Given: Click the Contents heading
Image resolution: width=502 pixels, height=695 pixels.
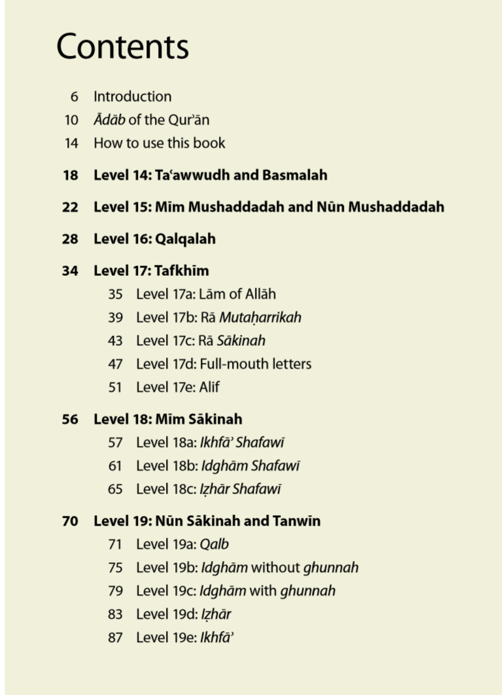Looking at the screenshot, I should click(122, 47).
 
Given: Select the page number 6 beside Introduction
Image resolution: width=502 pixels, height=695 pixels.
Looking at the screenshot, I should click(74, 97).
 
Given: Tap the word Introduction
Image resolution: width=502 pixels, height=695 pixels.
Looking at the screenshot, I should click(132, 97).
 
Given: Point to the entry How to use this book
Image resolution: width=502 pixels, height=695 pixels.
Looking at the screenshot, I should click(159, 143).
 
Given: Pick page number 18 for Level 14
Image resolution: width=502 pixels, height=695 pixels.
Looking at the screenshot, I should click(70, 175).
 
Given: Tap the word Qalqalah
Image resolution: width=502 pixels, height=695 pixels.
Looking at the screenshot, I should click(185, 239).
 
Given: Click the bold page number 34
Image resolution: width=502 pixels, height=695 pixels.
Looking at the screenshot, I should click(70, 271).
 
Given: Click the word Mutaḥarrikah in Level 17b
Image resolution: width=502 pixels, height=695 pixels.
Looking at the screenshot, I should click(260, 318).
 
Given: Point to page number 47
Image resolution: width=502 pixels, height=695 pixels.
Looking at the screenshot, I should click(115, 364).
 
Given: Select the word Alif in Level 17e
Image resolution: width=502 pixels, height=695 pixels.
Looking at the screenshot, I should click(209, 387).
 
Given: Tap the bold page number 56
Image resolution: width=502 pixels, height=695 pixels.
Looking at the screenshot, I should click(70, 419).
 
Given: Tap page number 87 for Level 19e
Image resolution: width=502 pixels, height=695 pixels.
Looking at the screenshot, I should click(115, 637).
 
